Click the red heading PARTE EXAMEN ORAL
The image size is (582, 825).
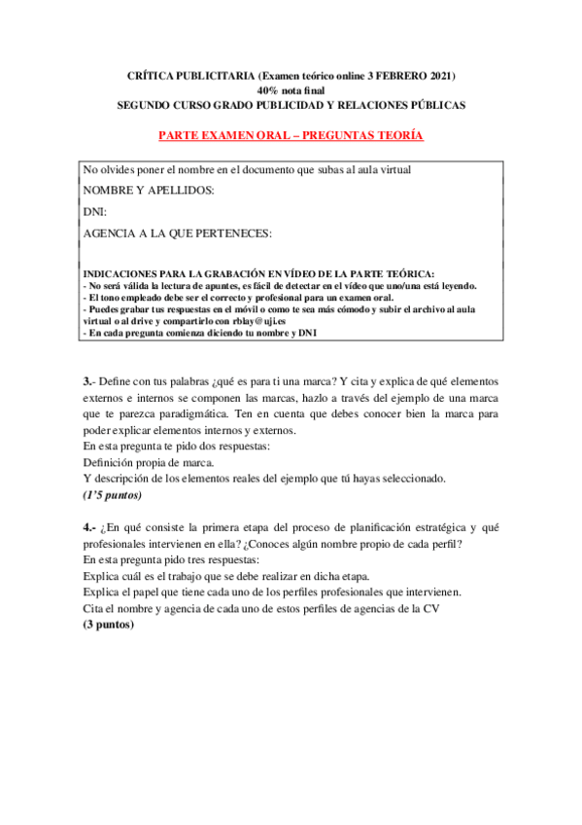[291, 135]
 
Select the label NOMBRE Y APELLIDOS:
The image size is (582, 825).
[149, 191]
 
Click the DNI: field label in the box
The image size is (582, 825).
[95, 211]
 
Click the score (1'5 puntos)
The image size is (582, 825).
[113, 494]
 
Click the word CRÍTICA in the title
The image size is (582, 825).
[151, 75]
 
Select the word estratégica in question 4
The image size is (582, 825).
[419, 527]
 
